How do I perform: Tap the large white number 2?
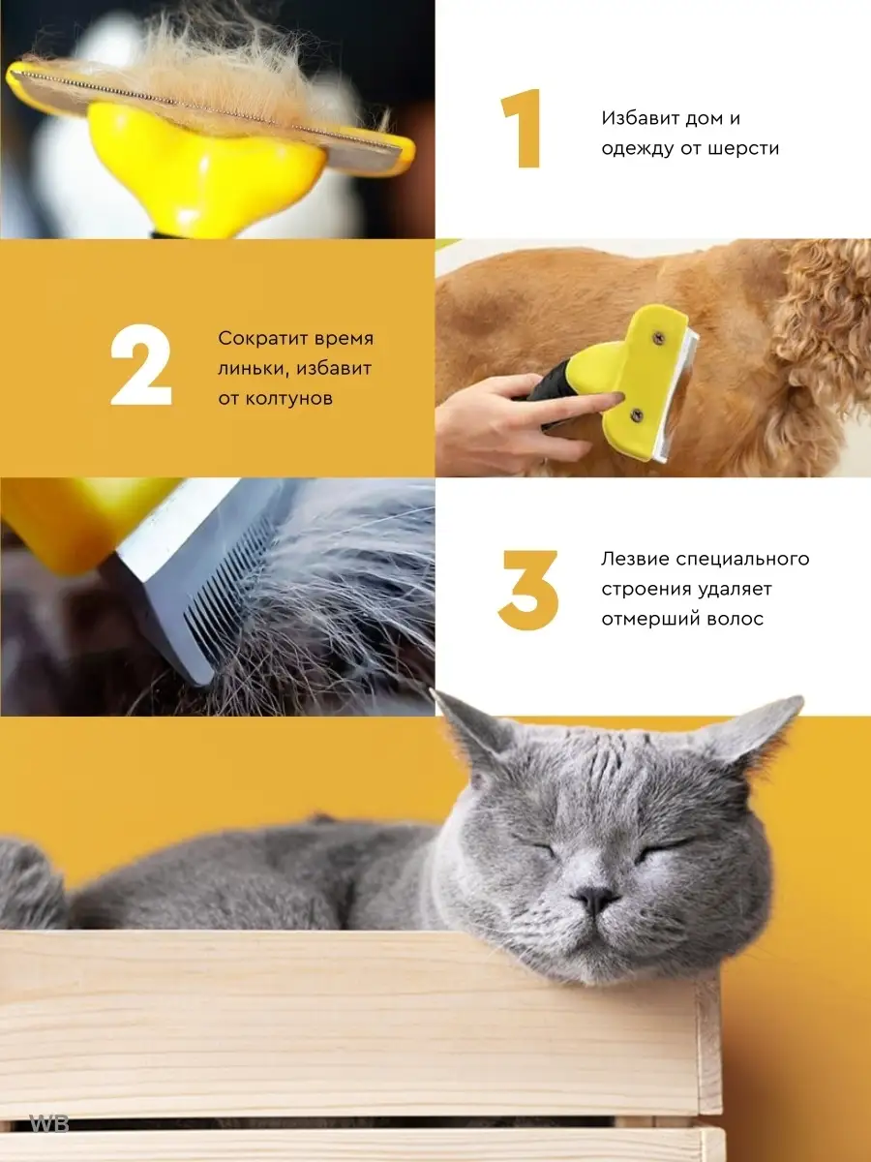click(x=141, y=365)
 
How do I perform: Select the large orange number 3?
click(x=528, y=590)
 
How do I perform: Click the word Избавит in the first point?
click(x=640, y=118)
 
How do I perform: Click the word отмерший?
click(x=642, y=619)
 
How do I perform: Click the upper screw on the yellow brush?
click(x=659, y=337)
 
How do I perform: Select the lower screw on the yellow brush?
click(x=637, y=415)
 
